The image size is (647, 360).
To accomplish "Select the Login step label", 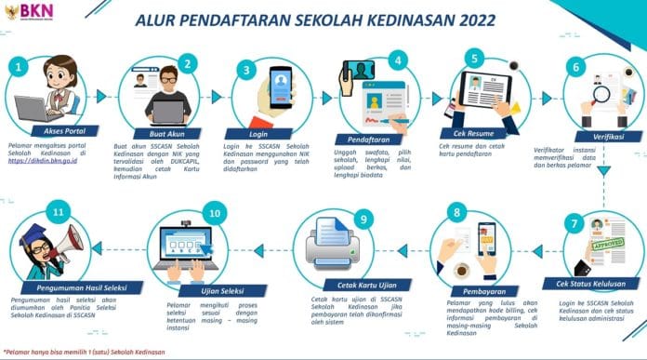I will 260,133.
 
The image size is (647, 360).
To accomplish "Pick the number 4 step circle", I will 397,60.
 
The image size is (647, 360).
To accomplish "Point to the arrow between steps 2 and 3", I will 212,96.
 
